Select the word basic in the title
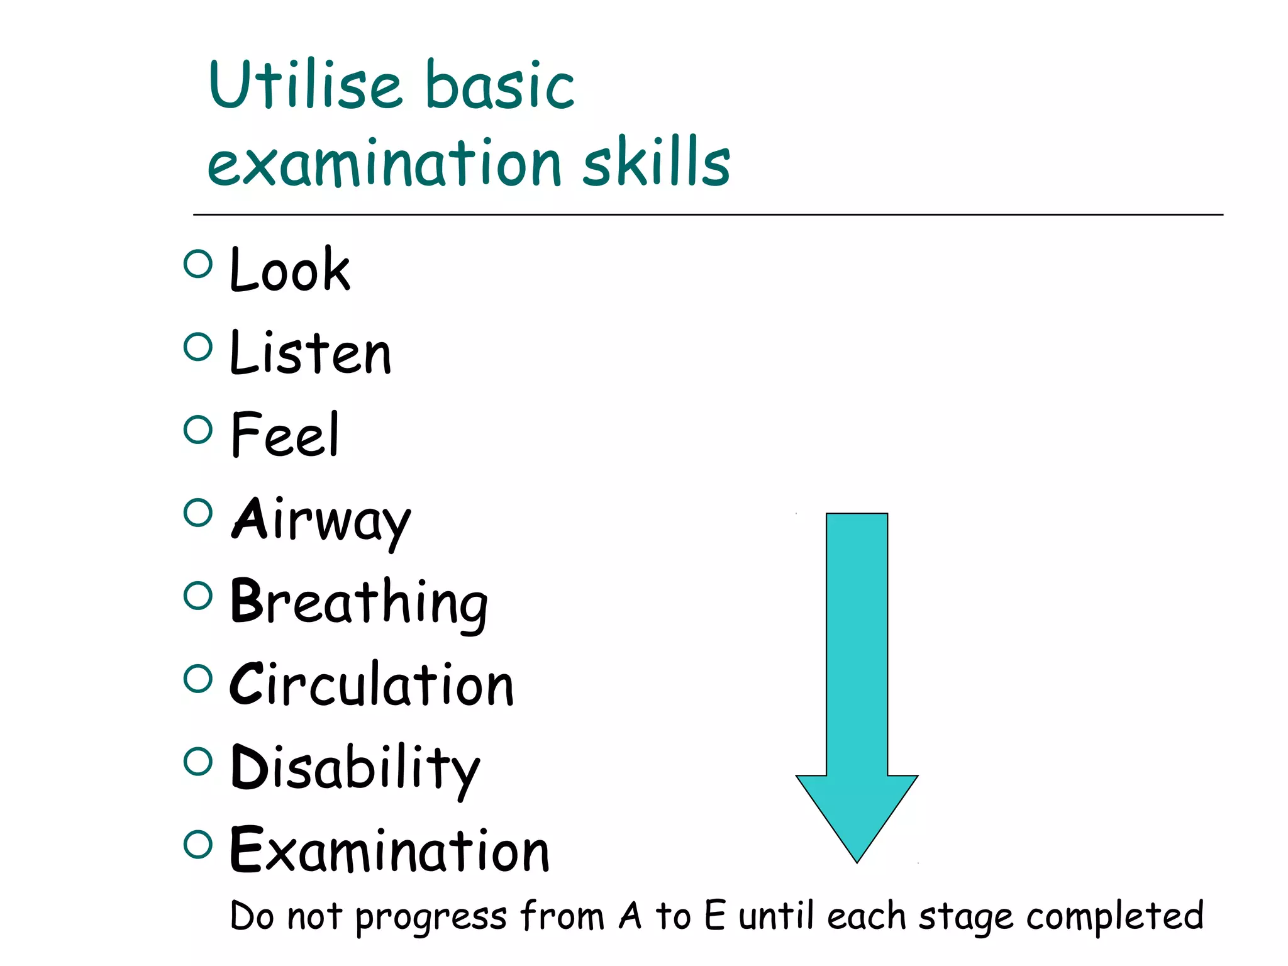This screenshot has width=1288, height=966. tap(499, 85)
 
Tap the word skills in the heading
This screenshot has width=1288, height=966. tap(656, 162)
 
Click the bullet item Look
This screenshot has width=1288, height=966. tap(289, 270)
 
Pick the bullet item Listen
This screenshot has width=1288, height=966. tap(311, 353)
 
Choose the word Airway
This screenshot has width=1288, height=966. tap(321, 519)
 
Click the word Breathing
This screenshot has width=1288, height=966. tap(359, 602)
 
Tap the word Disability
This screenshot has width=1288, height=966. tap(355, 769)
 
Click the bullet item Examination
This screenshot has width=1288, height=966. tap(389, 850)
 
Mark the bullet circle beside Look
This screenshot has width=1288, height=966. tap(198, 264)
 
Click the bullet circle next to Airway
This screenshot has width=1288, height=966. tap(198, 513)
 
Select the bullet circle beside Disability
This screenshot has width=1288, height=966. tap(198, 762)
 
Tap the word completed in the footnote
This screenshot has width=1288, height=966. tap(1114, 916)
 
